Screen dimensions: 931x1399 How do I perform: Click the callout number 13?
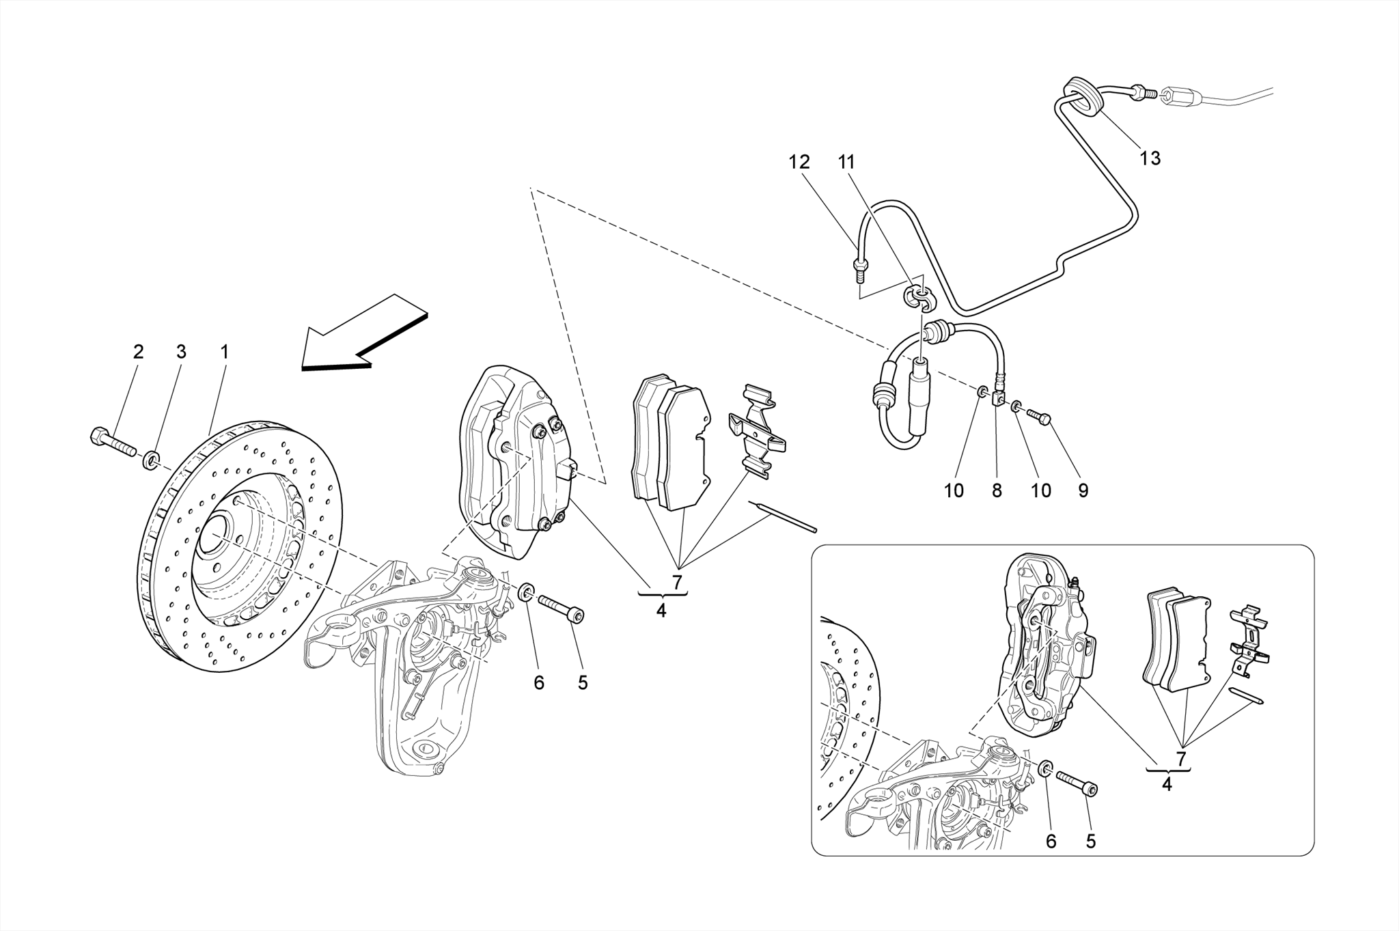coord(1150,158)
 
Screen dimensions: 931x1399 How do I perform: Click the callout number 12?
coord(799,163)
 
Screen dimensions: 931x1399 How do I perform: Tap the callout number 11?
coord(846,163)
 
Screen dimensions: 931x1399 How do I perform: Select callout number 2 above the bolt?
coord(138,352)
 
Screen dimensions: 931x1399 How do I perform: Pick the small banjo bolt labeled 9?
coord(1038,415)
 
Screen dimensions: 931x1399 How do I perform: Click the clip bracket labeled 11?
coord(915,299)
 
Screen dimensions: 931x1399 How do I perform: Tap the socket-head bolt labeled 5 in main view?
coord(562,608)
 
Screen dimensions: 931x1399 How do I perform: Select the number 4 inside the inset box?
coord(1166,784)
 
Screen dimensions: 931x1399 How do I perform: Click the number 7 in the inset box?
coord(1181,758)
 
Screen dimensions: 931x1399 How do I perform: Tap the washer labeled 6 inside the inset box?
coord(1045,770)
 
